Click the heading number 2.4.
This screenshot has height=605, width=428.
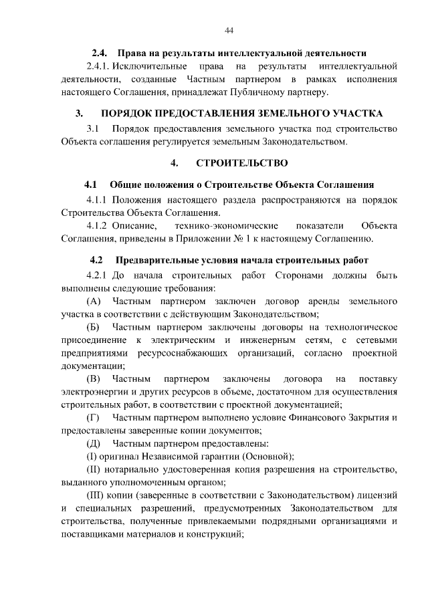point(100,53)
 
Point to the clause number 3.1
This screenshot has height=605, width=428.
point(93,128)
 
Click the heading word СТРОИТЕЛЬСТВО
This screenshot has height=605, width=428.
point(242,163)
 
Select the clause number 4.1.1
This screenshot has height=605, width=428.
point(97,199)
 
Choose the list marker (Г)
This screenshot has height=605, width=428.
point(93,418)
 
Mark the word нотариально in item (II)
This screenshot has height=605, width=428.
point(134,470)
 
